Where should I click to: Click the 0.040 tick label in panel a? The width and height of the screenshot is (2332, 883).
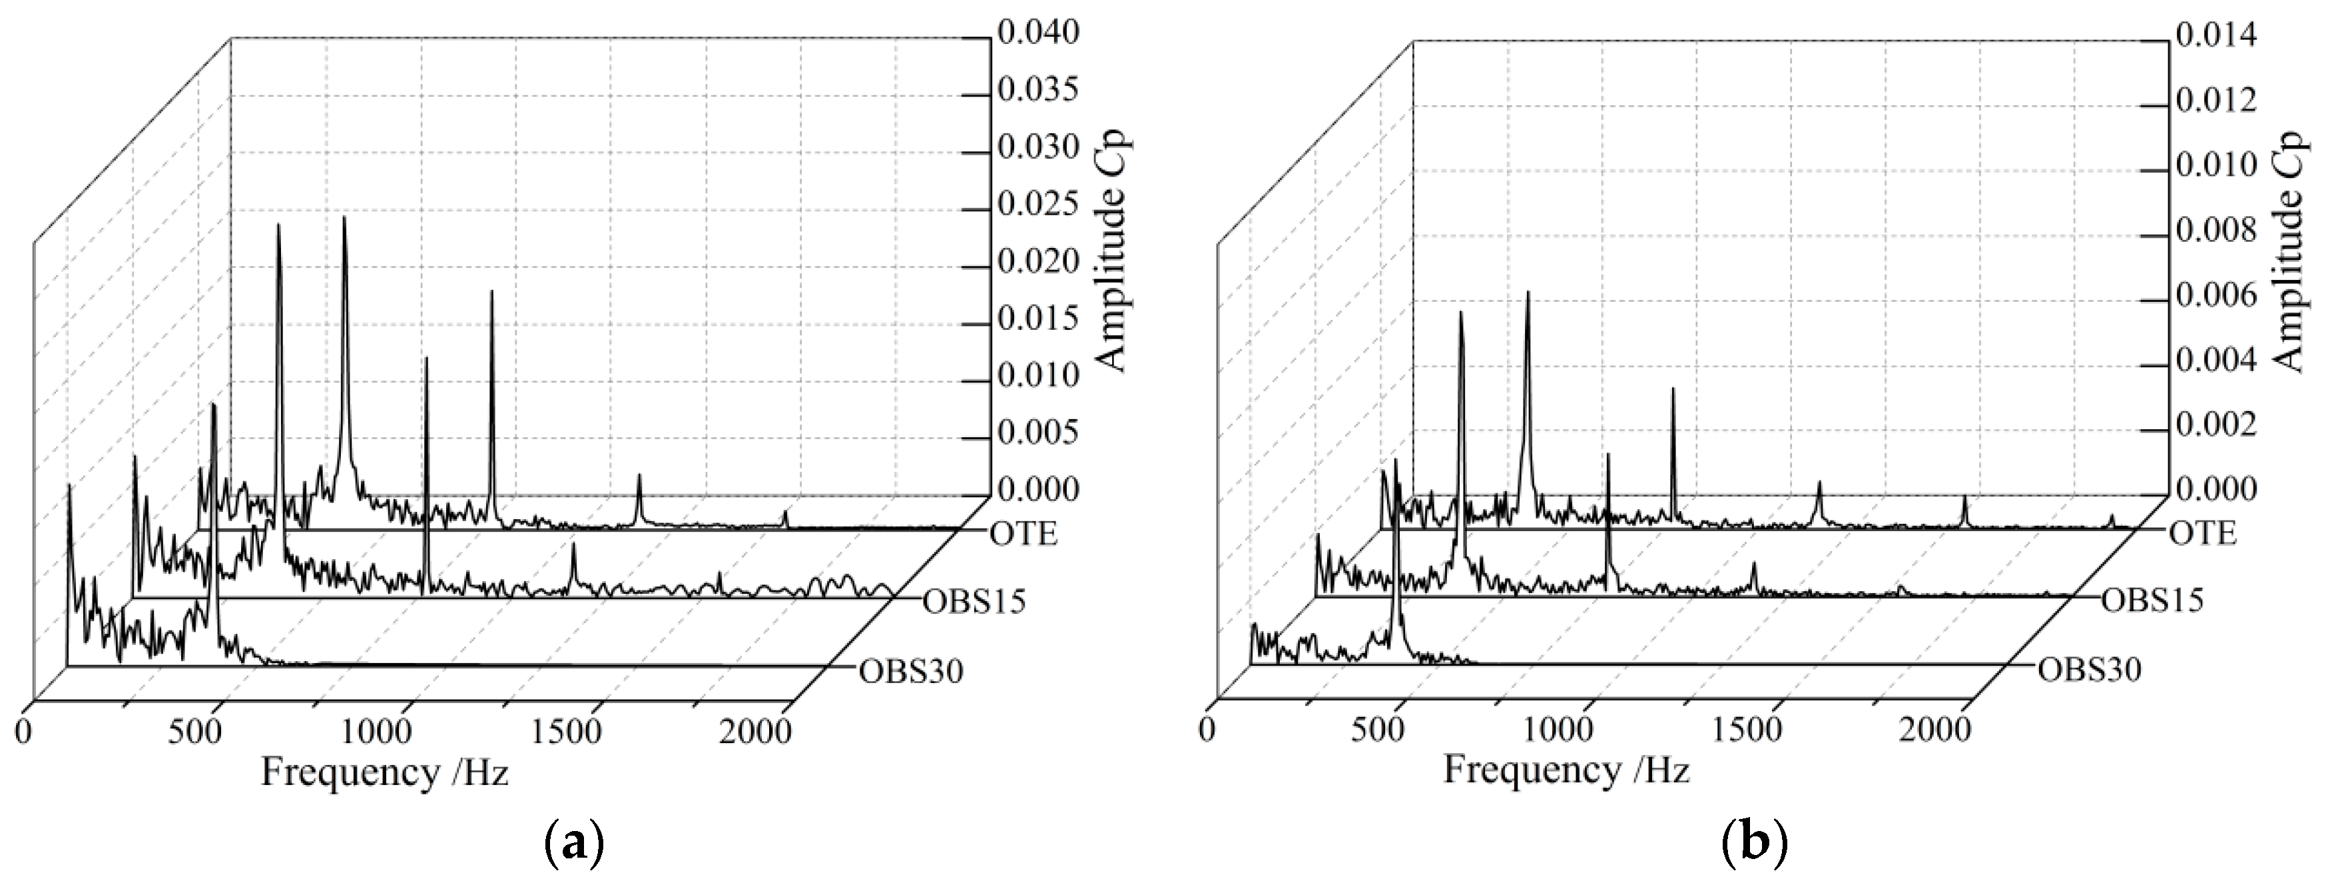(x=1037, y=33)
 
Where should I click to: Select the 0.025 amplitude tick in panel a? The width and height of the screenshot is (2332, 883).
(x=1037, y=205)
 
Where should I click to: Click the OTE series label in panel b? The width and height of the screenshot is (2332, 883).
(x=2203, y=533)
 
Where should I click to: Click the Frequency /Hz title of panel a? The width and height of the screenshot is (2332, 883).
(x=385, y=772)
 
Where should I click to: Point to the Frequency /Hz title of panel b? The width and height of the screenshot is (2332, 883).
(x=1566, y=770)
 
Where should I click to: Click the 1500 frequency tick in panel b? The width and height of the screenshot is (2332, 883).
(x=1745, y=729)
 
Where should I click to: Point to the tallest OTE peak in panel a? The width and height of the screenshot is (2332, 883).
(x=345, y=220)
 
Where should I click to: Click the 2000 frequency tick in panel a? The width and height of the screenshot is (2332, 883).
(x=756, y=730)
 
